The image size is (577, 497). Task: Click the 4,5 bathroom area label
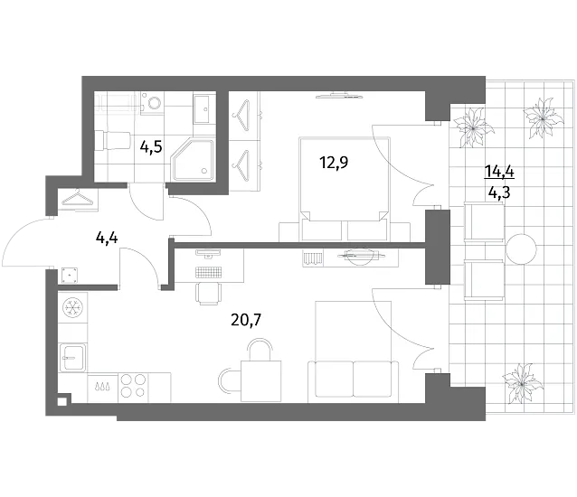(151, 147)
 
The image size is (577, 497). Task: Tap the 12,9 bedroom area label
(334, 162)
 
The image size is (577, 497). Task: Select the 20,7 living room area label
(246, 320)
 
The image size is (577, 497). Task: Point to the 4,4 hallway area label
(107, 239)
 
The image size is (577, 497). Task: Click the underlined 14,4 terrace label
(499, 171)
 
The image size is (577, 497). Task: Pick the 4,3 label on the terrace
(499, 192)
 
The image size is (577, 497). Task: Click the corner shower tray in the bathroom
(193, 160)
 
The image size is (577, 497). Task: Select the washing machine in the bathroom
(152, 103)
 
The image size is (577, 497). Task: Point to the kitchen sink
(73, 358)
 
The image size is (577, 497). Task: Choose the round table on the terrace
(521, 249)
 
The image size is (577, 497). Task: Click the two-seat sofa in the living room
(354, 379)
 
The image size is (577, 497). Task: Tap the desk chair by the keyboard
(210, 294)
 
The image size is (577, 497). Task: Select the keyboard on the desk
(209, 272)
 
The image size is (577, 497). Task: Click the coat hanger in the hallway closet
(78, 197)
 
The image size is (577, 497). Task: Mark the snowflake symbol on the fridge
(73, 307)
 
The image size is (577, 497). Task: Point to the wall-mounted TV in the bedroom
(338, 96)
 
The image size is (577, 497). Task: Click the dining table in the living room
(260, 381)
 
